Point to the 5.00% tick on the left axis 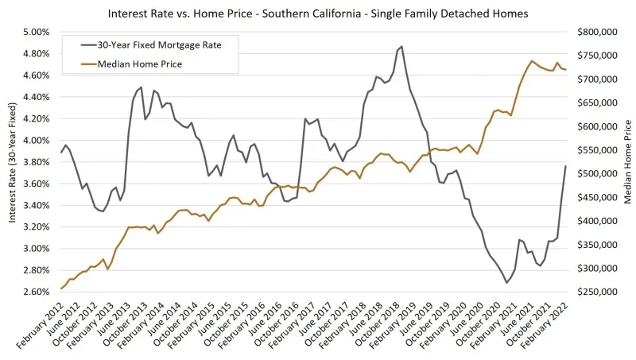click(x=36, y=33)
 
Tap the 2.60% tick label click(x=36, y=292)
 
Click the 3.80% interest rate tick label click(x=36, y=162)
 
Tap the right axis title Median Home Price click(x=627, y=162)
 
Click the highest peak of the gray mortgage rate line click(x=401, y=47)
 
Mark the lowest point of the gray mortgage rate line click(x=506, y=283)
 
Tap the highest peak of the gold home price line click(x=532, y=60)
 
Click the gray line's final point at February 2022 click(x=566, y=165)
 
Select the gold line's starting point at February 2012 click(x=61, y=288)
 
